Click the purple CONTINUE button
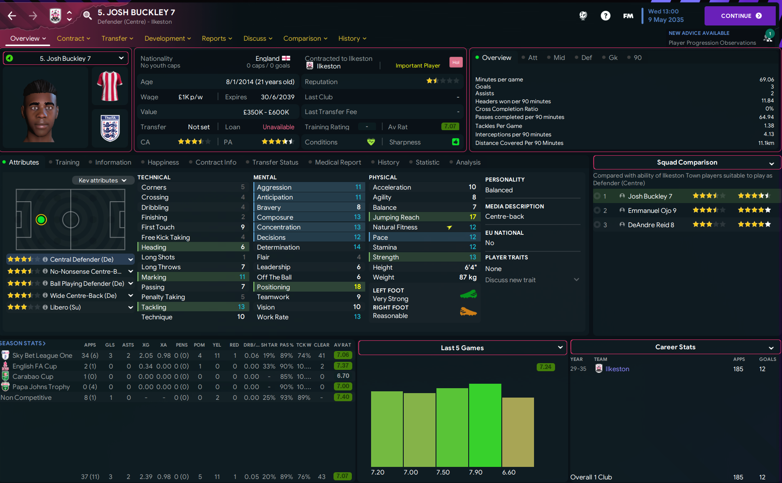click(739, 16)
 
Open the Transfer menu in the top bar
click(117, 38)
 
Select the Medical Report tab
click(338, 162)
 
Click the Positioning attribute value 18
click(357, 287)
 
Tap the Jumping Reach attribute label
click(396, 217)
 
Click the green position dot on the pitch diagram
click(41, 220)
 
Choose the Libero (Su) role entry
click(65, 307)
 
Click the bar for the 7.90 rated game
click(485, 425)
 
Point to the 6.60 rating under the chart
click(509, 472)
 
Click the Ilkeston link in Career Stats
click(617, 369)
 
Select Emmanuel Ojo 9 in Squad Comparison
click(652, 211)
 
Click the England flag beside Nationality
click(286, 58)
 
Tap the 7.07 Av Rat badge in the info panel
click(450, 127)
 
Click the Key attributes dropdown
click(103, 180)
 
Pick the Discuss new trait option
click(510, 280)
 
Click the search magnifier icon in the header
click(87, 16)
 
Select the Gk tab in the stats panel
click(613, 58)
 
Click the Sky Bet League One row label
click(42, 356)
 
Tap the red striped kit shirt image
click(110, 86)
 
